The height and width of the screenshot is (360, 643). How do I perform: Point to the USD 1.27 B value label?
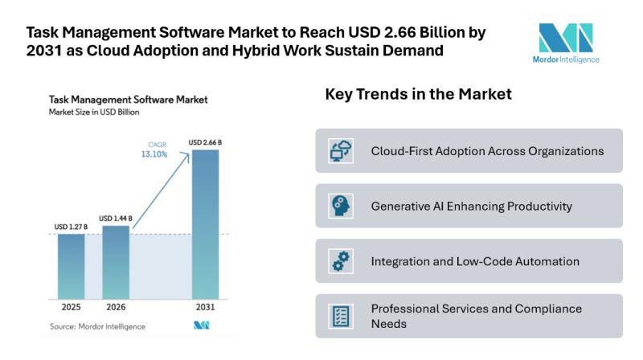[x=71, y=227]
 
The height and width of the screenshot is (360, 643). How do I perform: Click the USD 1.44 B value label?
[x=116, y=219]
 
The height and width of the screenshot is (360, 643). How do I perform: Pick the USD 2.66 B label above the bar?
[x=205, y=143]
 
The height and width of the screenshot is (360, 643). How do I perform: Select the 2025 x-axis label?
[x=71, y=308]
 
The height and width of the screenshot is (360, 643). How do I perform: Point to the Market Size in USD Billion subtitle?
[x=94, y=112]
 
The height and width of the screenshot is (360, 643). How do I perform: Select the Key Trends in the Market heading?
[x=418, y=95]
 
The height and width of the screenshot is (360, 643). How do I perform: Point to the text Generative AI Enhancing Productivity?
[x=471, y=207]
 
